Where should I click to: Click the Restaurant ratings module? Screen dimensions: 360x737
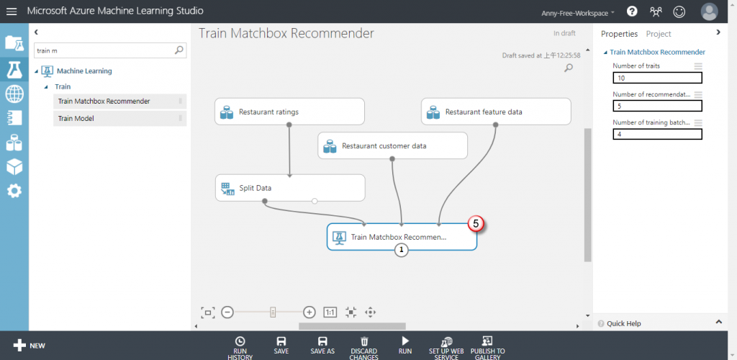tap(289, 112)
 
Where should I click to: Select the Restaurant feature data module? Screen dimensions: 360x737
tap(495, 112)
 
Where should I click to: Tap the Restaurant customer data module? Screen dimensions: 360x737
tap(392, 145)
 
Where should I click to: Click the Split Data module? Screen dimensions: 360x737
tap(290, 188)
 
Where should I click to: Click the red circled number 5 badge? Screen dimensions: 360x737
tap(476, 224)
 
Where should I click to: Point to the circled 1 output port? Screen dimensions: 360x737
tap(402, 250)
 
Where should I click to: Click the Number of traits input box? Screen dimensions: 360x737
tap(657, 78)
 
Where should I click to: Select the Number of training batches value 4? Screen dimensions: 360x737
tap(657, 134)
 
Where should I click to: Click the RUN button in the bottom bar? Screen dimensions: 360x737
tap(405, 345)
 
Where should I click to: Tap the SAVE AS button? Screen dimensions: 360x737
tap(322, 345)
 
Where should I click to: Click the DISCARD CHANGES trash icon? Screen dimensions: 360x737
tap(364, 341)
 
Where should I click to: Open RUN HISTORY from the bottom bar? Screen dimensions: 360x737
tap(240, 346)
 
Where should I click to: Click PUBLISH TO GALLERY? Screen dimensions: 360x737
tap(487, 346)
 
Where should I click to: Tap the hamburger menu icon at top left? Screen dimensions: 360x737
tap(12, 12)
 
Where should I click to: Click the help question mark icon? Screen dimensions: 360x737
tap(632, 12)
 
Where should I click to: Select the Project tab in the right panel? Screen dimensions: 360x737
tap(659, 34)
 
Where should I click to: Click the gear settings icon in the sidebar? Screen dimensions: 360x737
tap(14, 191)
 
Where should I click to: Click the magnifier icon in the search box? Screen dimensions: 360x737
tap(179, 50)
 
